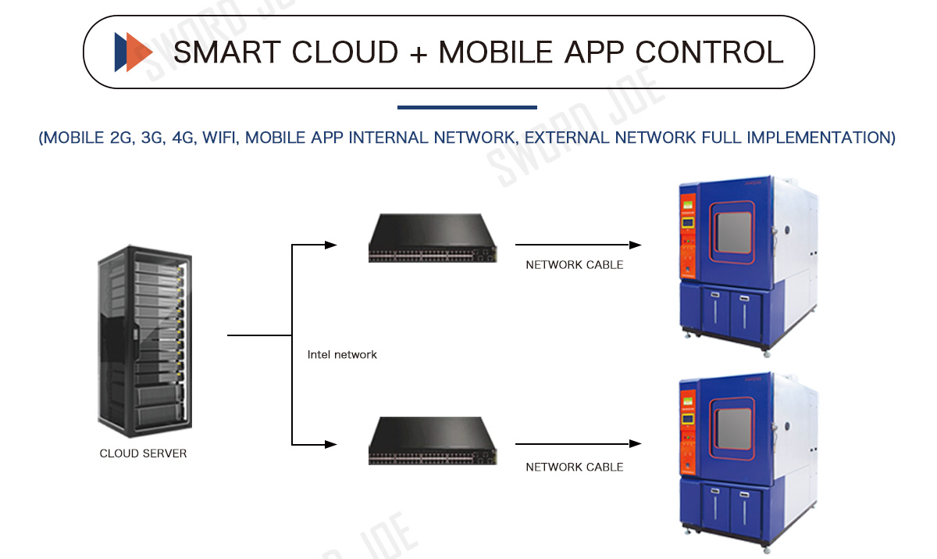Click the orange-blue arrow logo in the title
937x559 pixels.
[133, 52]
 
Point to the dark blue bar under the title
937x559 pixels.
[467, 107]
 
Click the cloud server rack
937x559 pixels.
[144, 342]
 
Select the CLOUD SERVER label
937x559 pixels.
[143, 453]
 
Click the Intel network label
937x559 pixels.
[342, 355]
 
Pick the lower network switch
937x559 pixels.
[433, 441]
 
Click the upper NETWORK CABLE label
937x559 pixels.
[575, 265]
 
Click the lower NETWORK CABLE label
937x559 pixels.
[575, 468]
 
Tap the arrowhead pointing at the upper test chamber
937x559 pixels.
[636, 245]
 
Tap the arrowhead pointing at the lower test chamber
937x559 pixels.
[636, 443]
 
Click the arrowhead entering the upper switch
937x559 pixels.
[331, 245]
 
